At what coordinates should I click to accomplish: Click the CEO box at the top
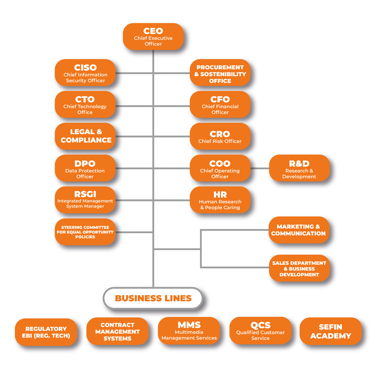tap(153, 37)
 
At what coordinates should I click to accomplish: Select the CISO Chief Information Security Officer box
tap(85, 73)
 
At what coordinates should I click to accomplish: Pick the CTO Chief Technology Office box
tap(85, 105)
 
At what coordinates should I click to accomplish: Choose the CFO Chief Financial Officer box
tap(220, 105)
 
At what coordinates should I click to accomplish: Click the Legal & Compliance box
tap(85, 136)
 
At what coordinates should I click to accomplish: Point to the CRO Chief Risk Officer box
tap(220, 136)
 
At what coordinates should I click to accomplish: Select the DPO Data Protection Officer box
tap(85, 168)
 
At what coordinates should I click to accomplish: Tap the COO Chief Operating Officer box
tap(220, 168)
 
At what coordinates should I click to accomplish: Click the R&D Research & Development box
tap(299, 168)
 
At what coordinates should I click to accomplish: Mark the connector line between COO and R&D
tap(259, 168)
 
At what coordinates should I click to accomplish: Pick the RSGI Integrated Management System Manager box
tap(85, 200)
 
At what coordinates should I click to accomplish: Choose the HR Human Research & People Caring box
tap(220, 200)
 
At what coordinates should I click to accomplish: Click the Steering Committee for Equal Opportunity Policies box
tap(85, 232)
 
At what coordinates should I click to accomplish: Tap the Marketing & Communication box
tap(299, 230)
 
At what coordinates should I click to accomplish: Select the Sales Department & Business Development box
tap(299, 268)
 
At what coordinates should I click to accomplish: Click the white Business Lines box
tap(153, 298)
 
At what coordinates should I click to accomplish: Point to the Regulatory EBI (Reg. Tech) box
tap(46, 332)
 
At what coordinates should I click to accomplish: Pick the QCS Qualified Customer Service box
tap(260, 330)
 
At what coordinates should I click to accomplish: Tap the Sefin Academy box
tap(330, 331)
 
